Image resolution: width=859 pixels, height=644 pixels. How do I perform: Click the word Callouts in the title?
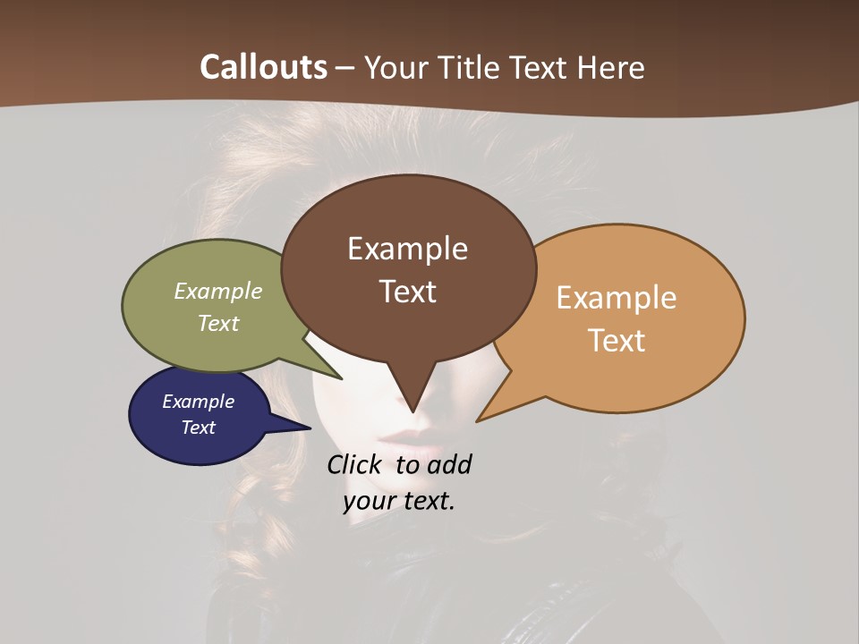[263, 67]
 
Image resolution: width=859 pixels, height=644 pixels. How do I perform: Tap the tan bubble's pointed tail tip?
[479, 419]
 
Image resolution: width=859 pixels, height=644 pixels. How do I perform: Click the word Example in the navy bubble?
[198, 402]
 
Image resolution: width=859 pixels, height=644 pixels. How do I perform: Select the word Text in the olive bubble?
[218, 323]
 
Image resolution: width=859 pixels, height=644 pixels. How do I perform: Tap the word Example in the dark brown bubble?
[407, 249]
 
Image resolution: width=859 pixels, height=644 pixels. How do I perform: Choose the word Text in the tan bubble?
[617, 340]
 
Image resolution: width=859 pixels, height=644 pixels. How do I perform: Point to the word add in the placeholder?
[450, 464]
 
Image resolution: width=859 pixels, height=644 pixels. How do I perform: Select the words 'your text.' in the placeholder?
[399, 501]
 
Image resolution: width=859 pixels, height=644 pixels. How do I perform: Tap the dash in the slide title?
[345, 68]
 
